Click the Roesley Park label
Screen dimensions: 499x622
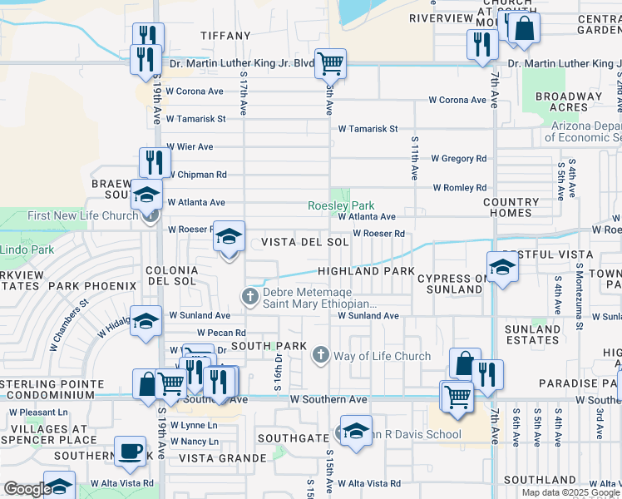pos(341,205)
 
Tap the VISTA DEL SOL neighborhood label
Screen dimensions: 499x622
pos(304,242)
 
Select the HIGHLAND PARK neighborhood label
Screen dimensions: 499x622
pos(365,271)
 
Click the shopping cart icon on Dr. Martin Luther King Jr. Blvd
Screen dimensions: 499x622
pos(330,63)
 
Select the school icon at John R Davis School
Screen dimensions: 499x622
pos(356,432)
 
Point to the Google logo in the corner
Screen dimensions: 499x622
pos(27,490)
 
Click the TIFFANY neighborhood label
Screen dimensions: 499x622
pos(225,36)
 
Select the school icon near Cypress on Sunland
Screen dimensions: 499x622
pos(502,267)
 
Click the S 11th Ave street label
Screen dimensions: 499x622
pos(413,158)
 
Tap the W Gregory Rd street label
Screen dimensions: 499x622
pos(458,158)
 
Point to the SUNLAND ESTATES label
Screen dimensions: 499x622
pos(533,334)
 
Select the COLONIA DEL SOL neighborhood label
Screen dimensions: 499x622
pos(171,276)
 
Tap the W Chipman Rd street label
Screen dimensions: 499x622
pos(197,175)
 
